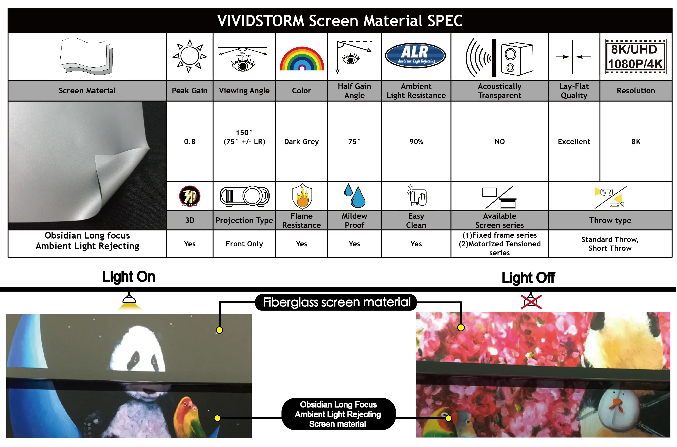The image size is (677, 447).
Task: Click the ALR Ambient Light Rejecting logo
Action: (415, 55)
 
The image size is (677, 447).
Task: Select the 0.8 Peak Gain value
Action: (190, 142)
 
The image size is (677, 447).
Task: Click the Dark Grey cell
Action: (301, 142)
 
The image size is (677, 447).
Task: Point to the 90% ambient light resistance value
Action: (416, 142)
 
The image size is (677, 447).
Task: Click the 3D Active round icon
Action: (190, 196)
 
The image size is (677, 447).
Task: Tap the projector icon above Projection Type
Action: (244, 196)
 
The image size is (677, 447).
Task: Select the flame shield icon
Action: (302, 196)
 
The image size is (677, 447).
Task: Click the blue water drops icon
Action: (354, 196)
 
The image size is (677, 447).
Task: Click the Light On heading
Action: (129, 277)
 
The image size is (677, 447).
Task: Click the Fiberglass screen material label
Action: (336, 302)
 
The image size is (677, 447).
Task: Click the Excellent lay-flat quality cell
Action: (574, 142)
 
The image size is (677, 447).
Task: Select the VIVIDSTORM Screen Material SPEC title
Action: (340, 21)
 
